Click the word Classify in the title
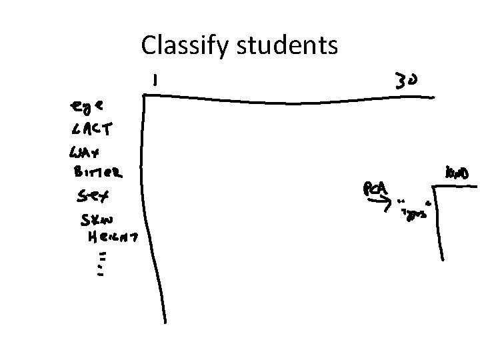click(x=181, y=46)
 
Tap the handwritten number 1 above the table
click(x=155, y=81)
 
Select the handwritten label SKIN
click(x=97, y=219)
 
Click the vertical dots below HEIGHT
click(x=101, y=263)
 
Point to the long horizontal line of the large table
click(x=287, y=101)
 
